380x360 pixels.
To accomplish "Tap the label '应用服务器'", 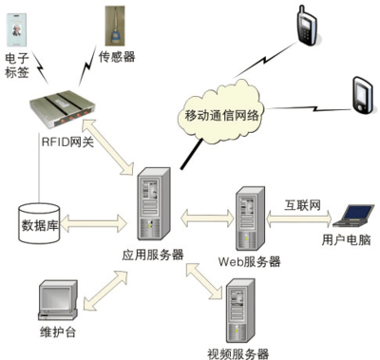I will [x=152, y=255].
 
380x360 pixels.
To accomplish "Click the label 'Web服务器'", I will [x=249, y=260].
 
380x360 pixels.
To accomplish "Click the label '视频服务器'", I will [x=237, y=352].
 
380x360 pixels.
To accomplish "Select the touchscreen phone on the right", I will [x=360, y=95].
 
